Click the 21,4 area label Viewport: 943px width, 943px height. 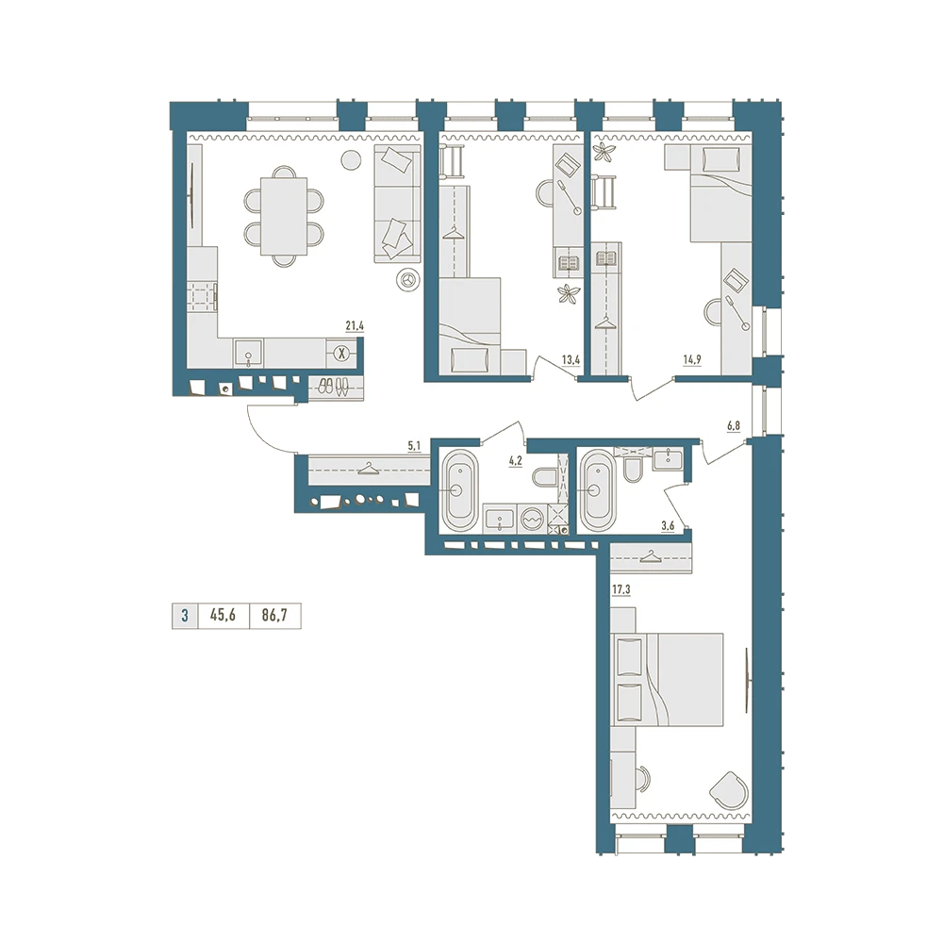[x=355, y=326]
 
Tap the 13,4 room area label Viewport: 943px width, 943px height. [x=571, y=359]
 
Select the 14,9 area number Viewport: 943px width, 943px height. [x=691, y=359]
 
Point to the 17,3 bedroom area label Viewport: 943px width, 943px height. [x=620, y=590]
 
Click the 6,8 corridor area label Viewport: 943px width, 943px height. [x=733, y=426]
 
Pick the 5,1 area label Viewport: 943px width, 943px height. [x=414, y=446]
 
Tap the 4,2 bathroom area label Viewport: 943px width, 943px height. [x=516, y=461]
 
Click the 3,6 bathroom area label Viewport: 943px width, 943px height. [x=668, y=525]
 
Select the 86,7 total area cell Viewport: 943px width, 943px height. [x=274, y=615]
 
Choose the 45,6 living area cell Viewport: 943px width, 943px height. [x=223, y=615]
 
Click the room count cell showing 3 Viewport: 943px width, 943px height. [x=185, y=615]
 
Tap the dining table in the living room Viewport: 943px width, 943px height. [x=283, y=216]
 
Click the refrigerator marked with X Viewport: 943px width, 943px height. [x=341, y=353]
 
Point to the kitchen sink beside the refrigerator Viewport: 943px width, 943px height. [x=248, y=353]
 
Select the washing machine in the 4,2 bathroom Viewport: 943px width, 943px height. [x=531, y=519]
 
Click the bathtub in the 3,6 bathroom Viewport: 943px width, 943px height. [x=597, y=490]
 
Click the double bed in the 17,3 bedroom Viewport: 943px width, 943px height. [x=667, y=679]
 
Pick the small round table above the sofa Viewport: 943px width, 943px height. [x=351, y=159]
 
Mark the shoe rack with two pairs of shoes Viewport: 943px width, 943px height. [x=334, y=386]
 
